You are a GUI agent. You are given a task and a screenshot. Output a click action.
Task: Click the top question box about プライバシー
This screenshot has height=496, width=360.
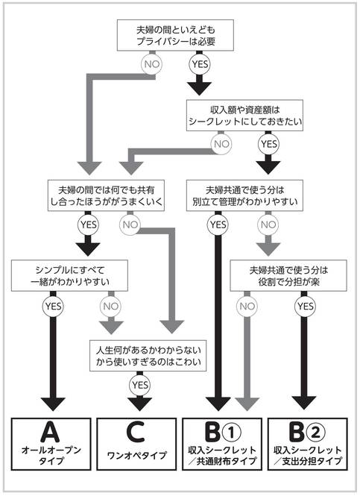tap(175, 35)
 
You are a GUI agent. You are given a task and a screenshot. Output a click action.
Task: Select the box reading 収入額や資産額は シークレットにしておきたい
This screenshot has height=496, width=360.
tap(244, 116)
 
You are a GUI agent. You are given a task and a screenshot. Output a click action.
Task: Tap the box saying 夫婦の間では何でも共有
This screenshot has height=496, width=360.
tap(106, 195)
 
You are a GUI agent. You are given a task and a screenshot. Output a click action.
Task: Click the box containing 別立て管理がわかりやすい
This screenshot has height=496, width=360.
tap(244, 195)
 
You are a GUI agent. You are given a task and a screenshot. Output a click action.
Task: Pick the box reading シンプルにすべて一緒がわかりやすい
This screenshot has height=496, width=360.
tap(69, 275)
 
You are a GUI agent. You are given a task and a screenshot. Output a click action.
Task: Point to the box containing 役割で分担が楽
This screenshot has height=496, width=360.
tap(288, 275)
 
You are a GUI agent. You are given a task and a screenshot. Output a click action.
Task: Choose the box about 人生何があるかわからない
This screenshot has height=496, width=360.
tap(148, 356)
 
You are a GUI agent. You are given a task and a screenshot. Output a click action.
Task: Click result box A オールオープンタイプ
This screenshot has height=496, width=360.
tap(51, 444)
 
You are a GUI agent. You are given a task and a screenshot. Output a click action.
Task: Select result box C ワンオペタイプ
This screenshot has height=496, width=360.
tap(136, 444)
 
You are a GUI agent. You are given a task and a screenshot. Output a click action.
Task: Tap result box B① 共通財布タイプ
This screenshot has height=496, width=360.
tap(222, 444)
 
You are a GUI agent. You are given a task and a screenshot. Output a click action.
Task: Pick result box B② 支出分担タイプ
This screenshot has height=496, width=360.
tap(308, 444)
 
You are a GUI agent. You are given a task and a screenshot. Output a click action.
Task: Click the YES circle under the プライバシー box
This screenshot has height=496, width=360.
tap(200, 64)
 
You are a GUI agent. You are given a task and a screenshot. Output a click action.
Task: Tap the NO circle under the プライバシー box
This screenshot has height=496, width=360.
tap(152, 64)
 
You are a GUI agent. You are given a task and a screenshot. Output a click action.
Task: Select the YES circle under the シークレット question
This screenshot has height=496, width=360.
tap(268, 144)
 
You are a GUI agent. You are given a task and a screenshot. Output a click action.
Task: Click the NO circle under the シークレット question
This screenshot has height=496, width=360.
tap(221, 144)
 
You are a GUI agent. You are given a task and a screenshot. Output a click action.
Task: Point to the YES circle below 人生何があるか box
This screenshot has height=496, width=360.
tap(139, 385)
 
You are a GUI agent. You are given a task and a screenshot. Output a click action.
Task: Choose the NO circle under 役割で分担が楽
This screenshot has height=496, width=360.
tap(247, 307)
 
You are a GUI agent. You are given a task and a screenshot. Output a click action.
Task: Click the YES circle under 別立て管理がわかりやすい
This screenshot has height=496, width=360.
tap(218, 225)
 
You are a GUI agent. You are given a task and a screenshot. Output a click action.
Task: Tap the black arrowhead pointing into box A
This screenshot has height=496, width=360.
tap(53, 404)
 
